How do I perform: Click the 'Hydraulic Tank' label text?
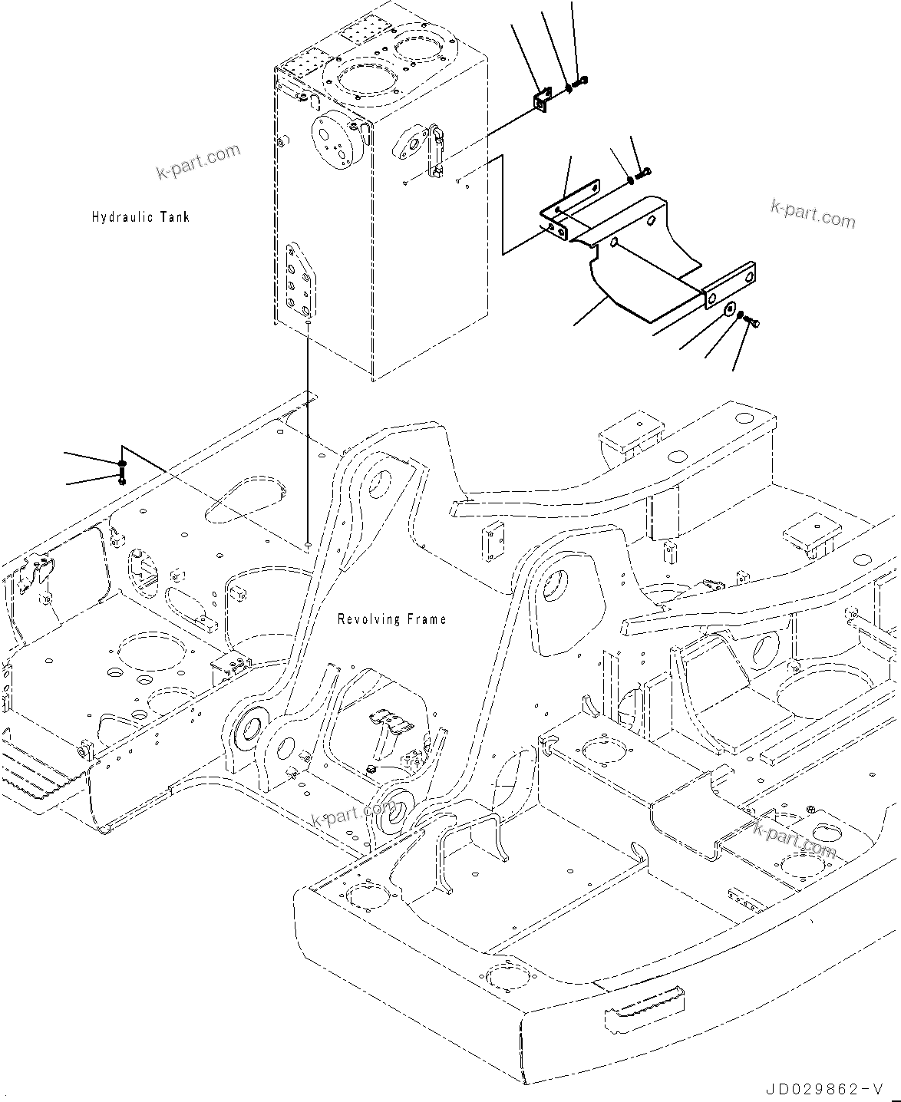click(x=140, y=217)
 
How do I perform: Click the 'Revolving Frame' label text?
click(x=391, y=619)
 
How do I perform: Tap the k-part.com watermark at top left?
click(x=198, y=162)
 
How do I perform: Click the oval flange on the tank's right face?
click(x=412, y=144)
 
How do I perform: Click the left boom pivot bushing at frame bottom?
click(x=248, y=731)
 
